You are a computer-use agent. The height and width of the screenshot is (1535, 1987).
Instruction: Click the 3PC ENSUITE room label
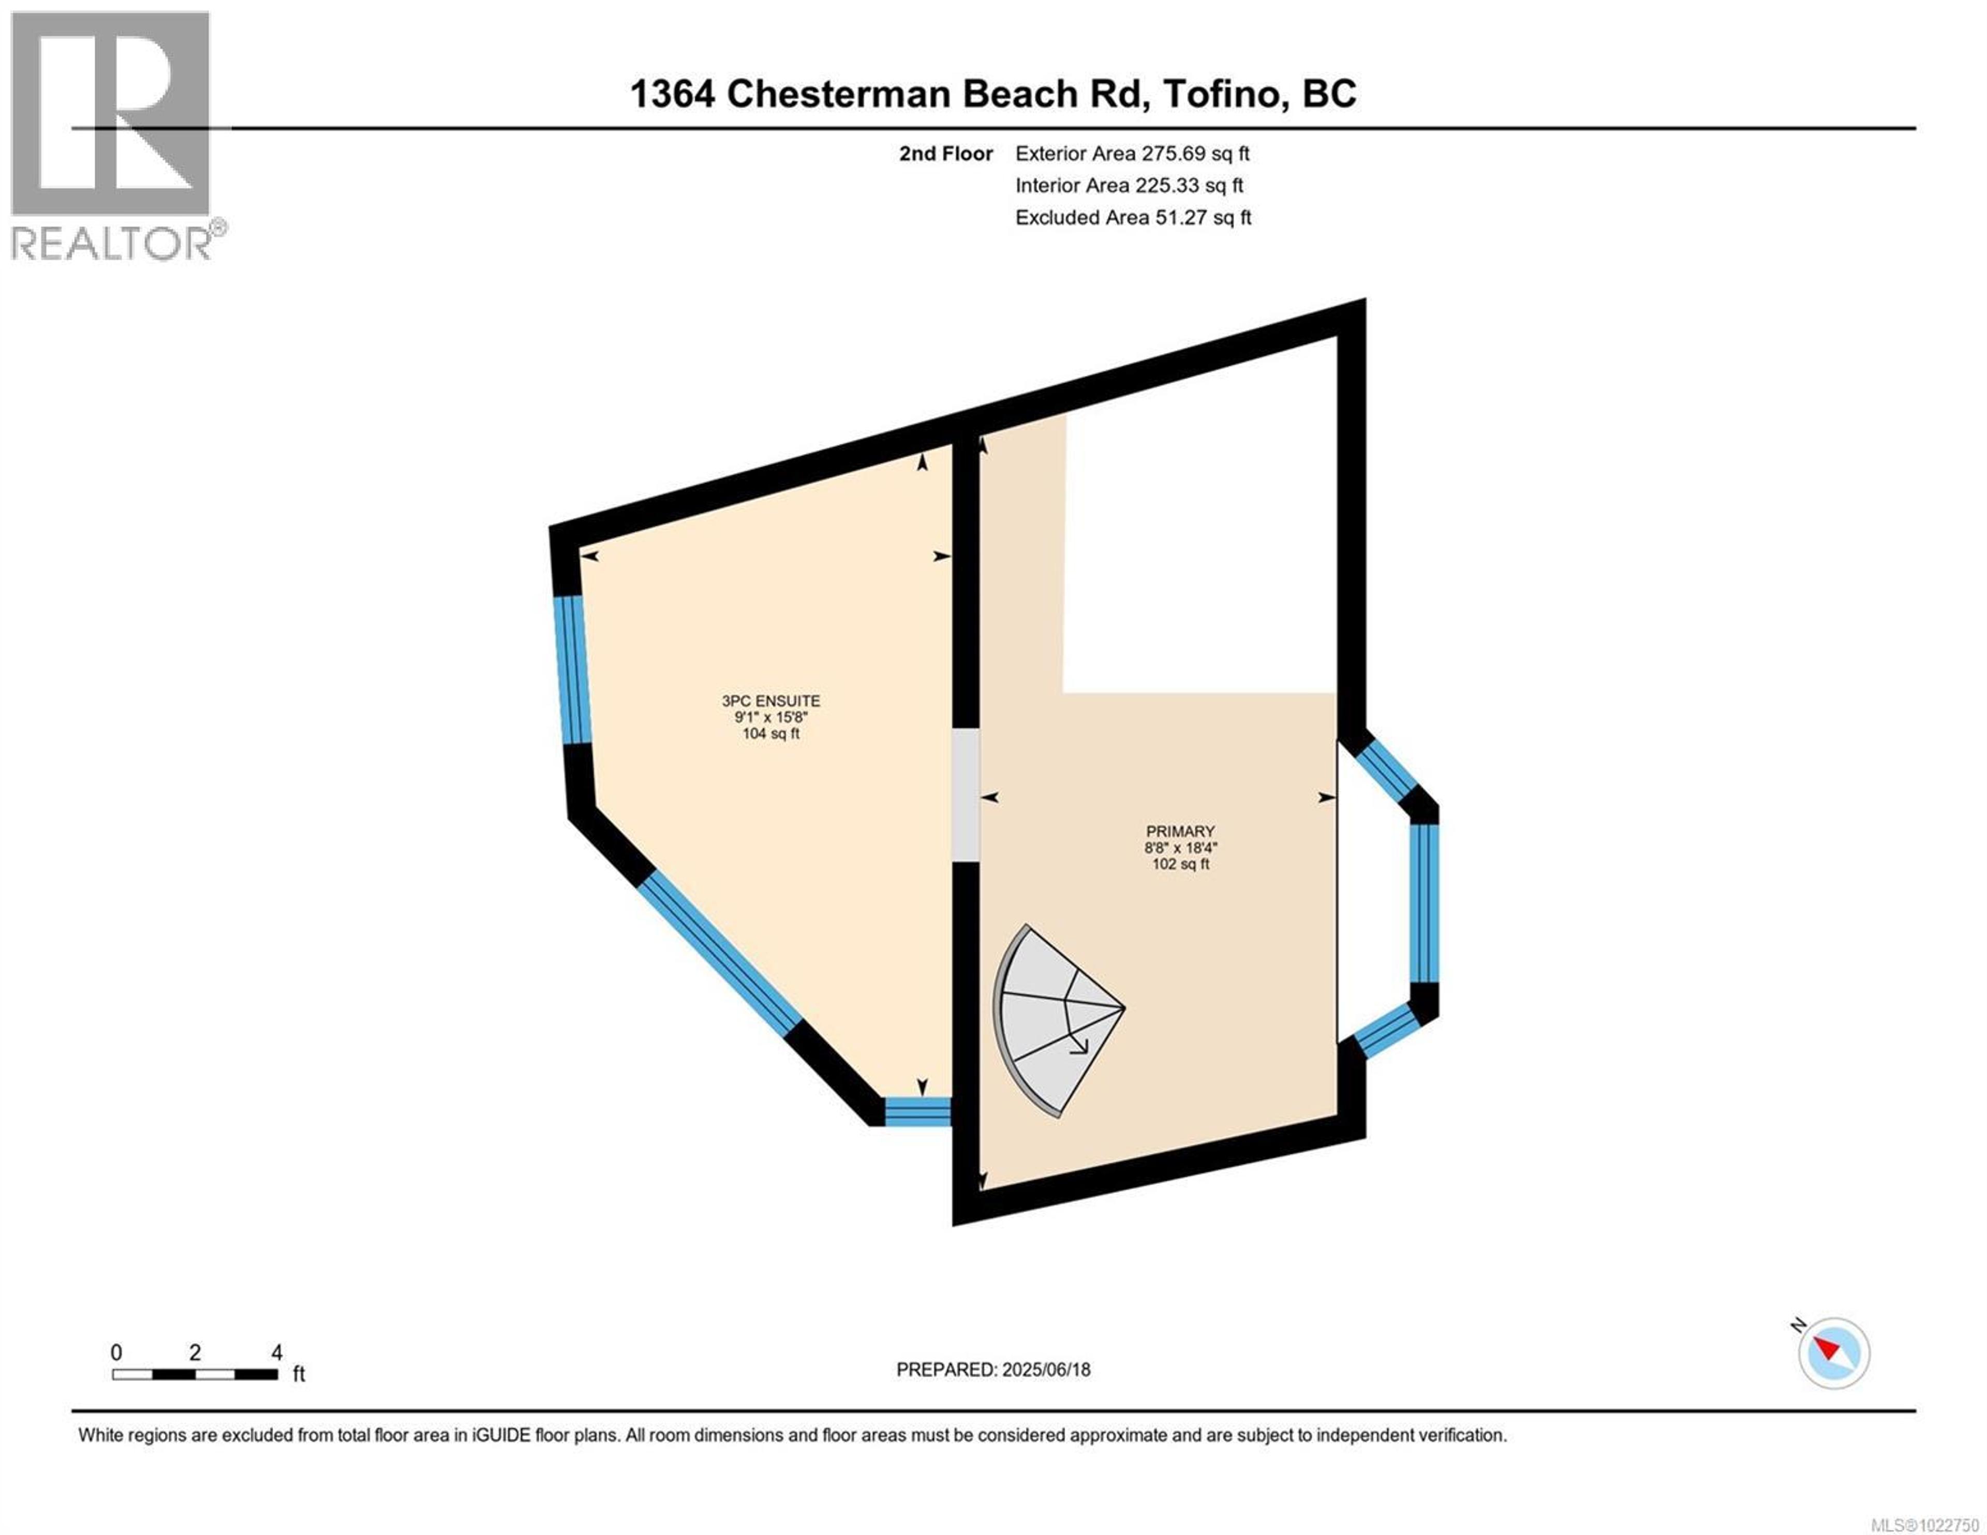click(770, 701)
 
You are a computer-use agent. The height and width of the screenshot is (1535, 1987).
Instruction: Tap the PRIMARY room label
click(1180, 831)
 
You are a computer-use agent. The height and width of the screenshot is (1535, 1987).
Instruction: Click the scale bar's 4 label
click(277, 1352)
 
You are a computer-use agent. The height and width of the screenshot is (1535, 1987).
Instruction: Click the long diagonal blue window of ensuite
click(719, 952)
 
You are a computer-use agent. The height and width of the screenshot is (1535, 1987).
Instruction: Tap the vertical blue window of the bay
click(1425, 903)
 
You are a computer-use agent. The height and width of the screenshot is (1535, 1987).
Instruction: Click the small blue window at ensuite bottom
click(917, 1112)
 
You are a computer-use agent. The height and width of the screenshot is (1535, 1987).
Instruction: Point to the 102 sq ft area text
click(1180, 863)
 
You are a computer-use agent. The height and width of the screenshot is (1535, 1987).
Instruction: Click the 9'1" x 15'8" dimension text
click(770, 717)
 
